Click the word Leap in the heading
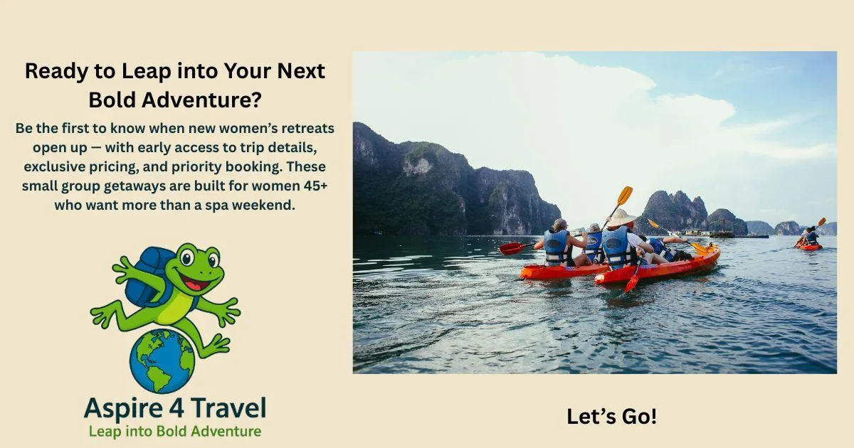pos(146,72)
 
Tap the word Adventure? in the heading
pos(201,100)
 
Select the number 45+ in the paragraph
pos(316,186)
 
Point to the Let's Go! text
pos(611,416)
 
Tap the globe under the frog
pos(162,361)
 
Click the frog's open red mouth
pos(195,283)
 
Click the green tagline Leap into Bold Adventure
pos(175,432)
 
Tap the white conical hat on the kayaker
pos(622,218)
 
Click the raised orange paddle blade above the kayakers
pos(625,196)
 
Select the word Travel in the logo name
pos(228,407)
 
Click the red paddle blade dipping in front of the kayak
pos(632,284)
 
